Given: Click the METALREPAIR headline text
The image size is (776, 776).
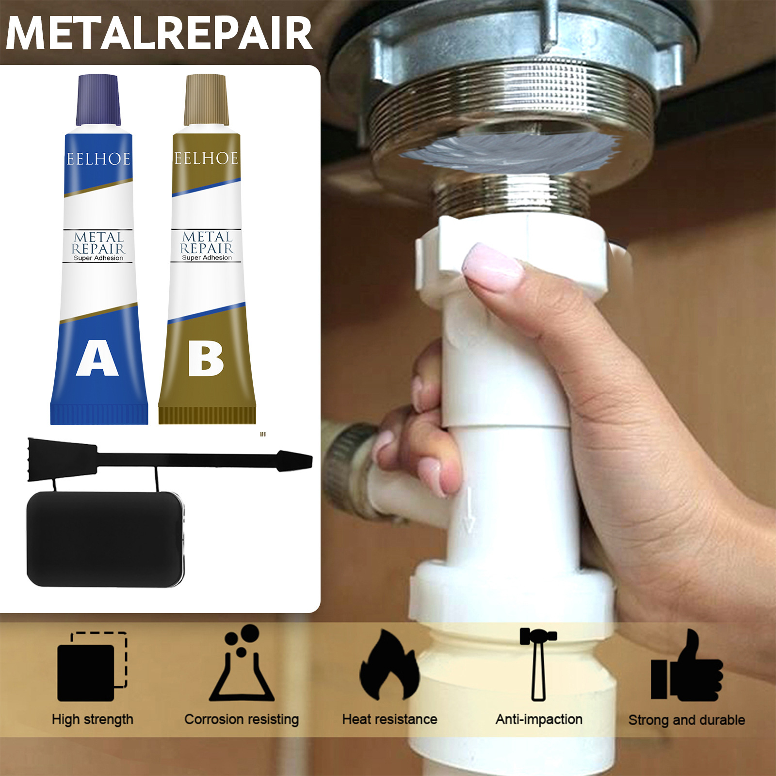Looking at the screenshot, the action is point(159,33).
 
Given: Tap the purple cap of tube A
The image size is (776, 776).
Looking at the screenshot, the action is point(98,100).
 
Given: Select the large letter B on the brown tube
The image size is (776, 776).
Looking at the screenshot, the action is point(206,358).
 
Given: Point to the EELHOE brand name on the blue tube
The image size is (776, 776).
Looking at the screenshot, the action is point(98,159).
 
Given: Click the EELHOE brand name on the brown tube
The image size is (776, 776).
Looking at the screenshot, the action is point(207,158).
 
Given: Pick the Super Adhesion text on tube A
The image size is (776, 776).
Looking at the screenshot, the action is point(98,258).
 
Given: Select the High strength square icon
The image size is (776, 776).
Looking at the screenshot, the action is point(92,666).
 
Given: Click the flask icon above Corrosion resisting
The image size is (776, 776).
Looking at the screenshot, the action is point(242,663).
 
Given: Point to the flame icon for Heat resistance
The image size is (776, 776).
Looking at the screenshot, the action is point(389,665).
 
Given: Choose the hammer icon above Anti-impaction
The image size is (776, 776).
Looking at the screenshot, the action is point(538,664).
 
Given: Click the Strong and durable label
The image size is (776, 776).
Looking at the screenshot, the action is point(687,720).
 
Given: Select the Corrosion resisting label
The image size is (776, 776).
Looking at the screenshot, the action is point(242,720).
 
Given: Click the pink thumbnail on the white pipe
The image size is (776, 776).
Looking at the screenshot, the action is point(491,268).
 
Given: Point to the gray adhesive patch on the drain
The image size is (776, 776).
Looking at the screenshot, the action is point(509,151).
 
